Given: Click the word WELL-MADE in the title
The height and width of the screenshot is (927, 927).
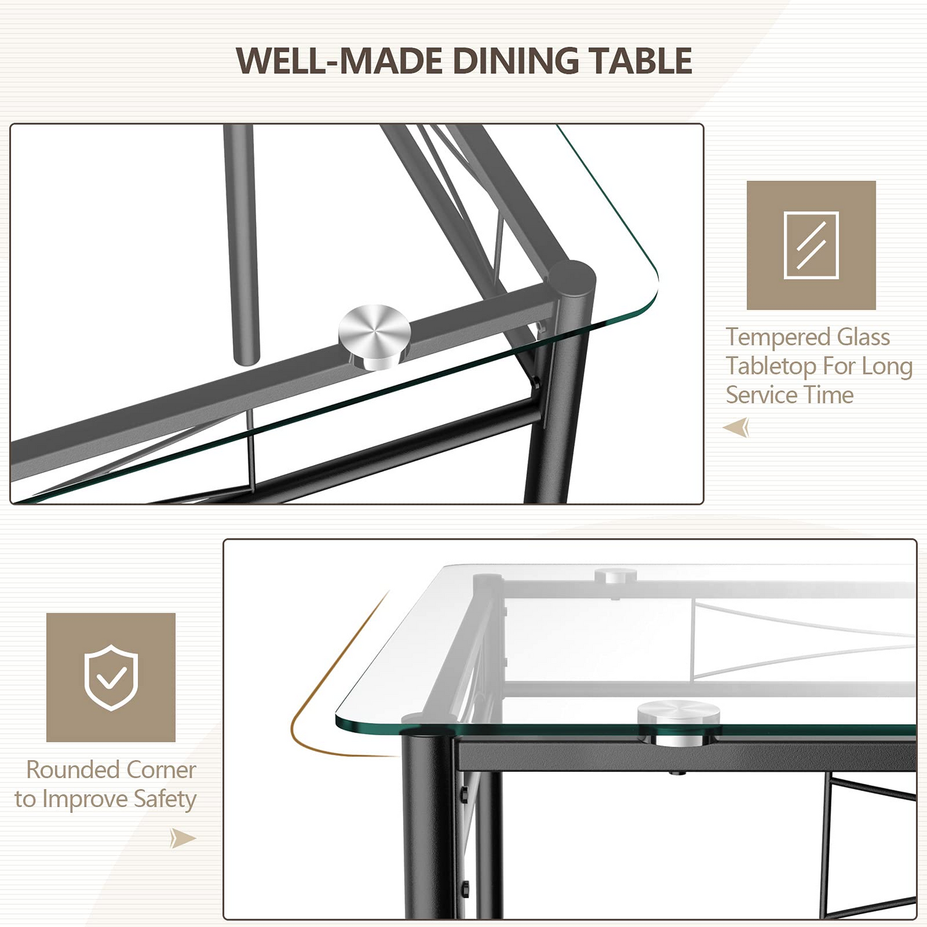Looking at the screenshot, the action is point(339,60).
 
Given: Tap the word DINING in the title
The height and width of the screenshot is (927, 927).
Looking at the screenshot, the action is point(516,60).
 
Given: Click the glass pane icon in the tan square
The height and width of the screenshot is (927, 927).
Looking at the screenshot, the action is point(811,245).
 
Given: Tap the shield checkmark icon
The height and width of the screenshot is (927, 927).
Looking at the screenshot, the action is point(111,677).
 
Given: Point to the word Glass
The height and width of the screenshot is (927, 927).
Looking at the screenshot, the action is point(863,337).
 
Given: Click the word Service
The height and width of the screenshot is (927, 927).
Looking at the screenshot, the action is point(761,395).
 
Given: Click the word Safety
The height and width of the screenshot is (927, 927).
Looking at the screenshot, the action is point(164,799).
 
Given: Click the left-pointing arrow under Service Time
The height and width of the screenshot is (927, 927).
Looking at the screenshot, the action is point(736,427).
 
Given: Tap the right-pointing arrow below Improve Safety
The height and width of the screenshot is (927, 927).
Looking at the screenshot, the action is point(183,838).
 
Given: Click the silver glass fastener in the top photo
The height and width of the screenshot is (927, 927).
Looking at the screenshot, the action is point(374,337).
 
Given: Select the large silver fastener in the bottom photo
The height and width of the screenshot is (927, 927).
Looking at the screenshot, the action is point(679,722).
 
